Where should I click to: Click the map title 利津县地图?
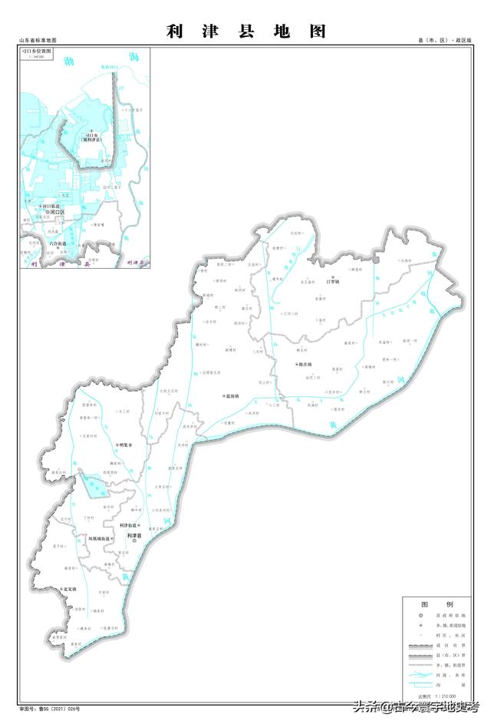245,31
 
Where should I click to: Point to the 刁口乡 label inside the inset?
97,136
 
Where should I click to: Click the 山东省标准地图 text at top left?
38,41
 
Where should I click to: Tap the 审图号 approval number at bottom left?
49,709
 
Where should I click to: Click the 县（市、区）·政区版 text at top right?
445,41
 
